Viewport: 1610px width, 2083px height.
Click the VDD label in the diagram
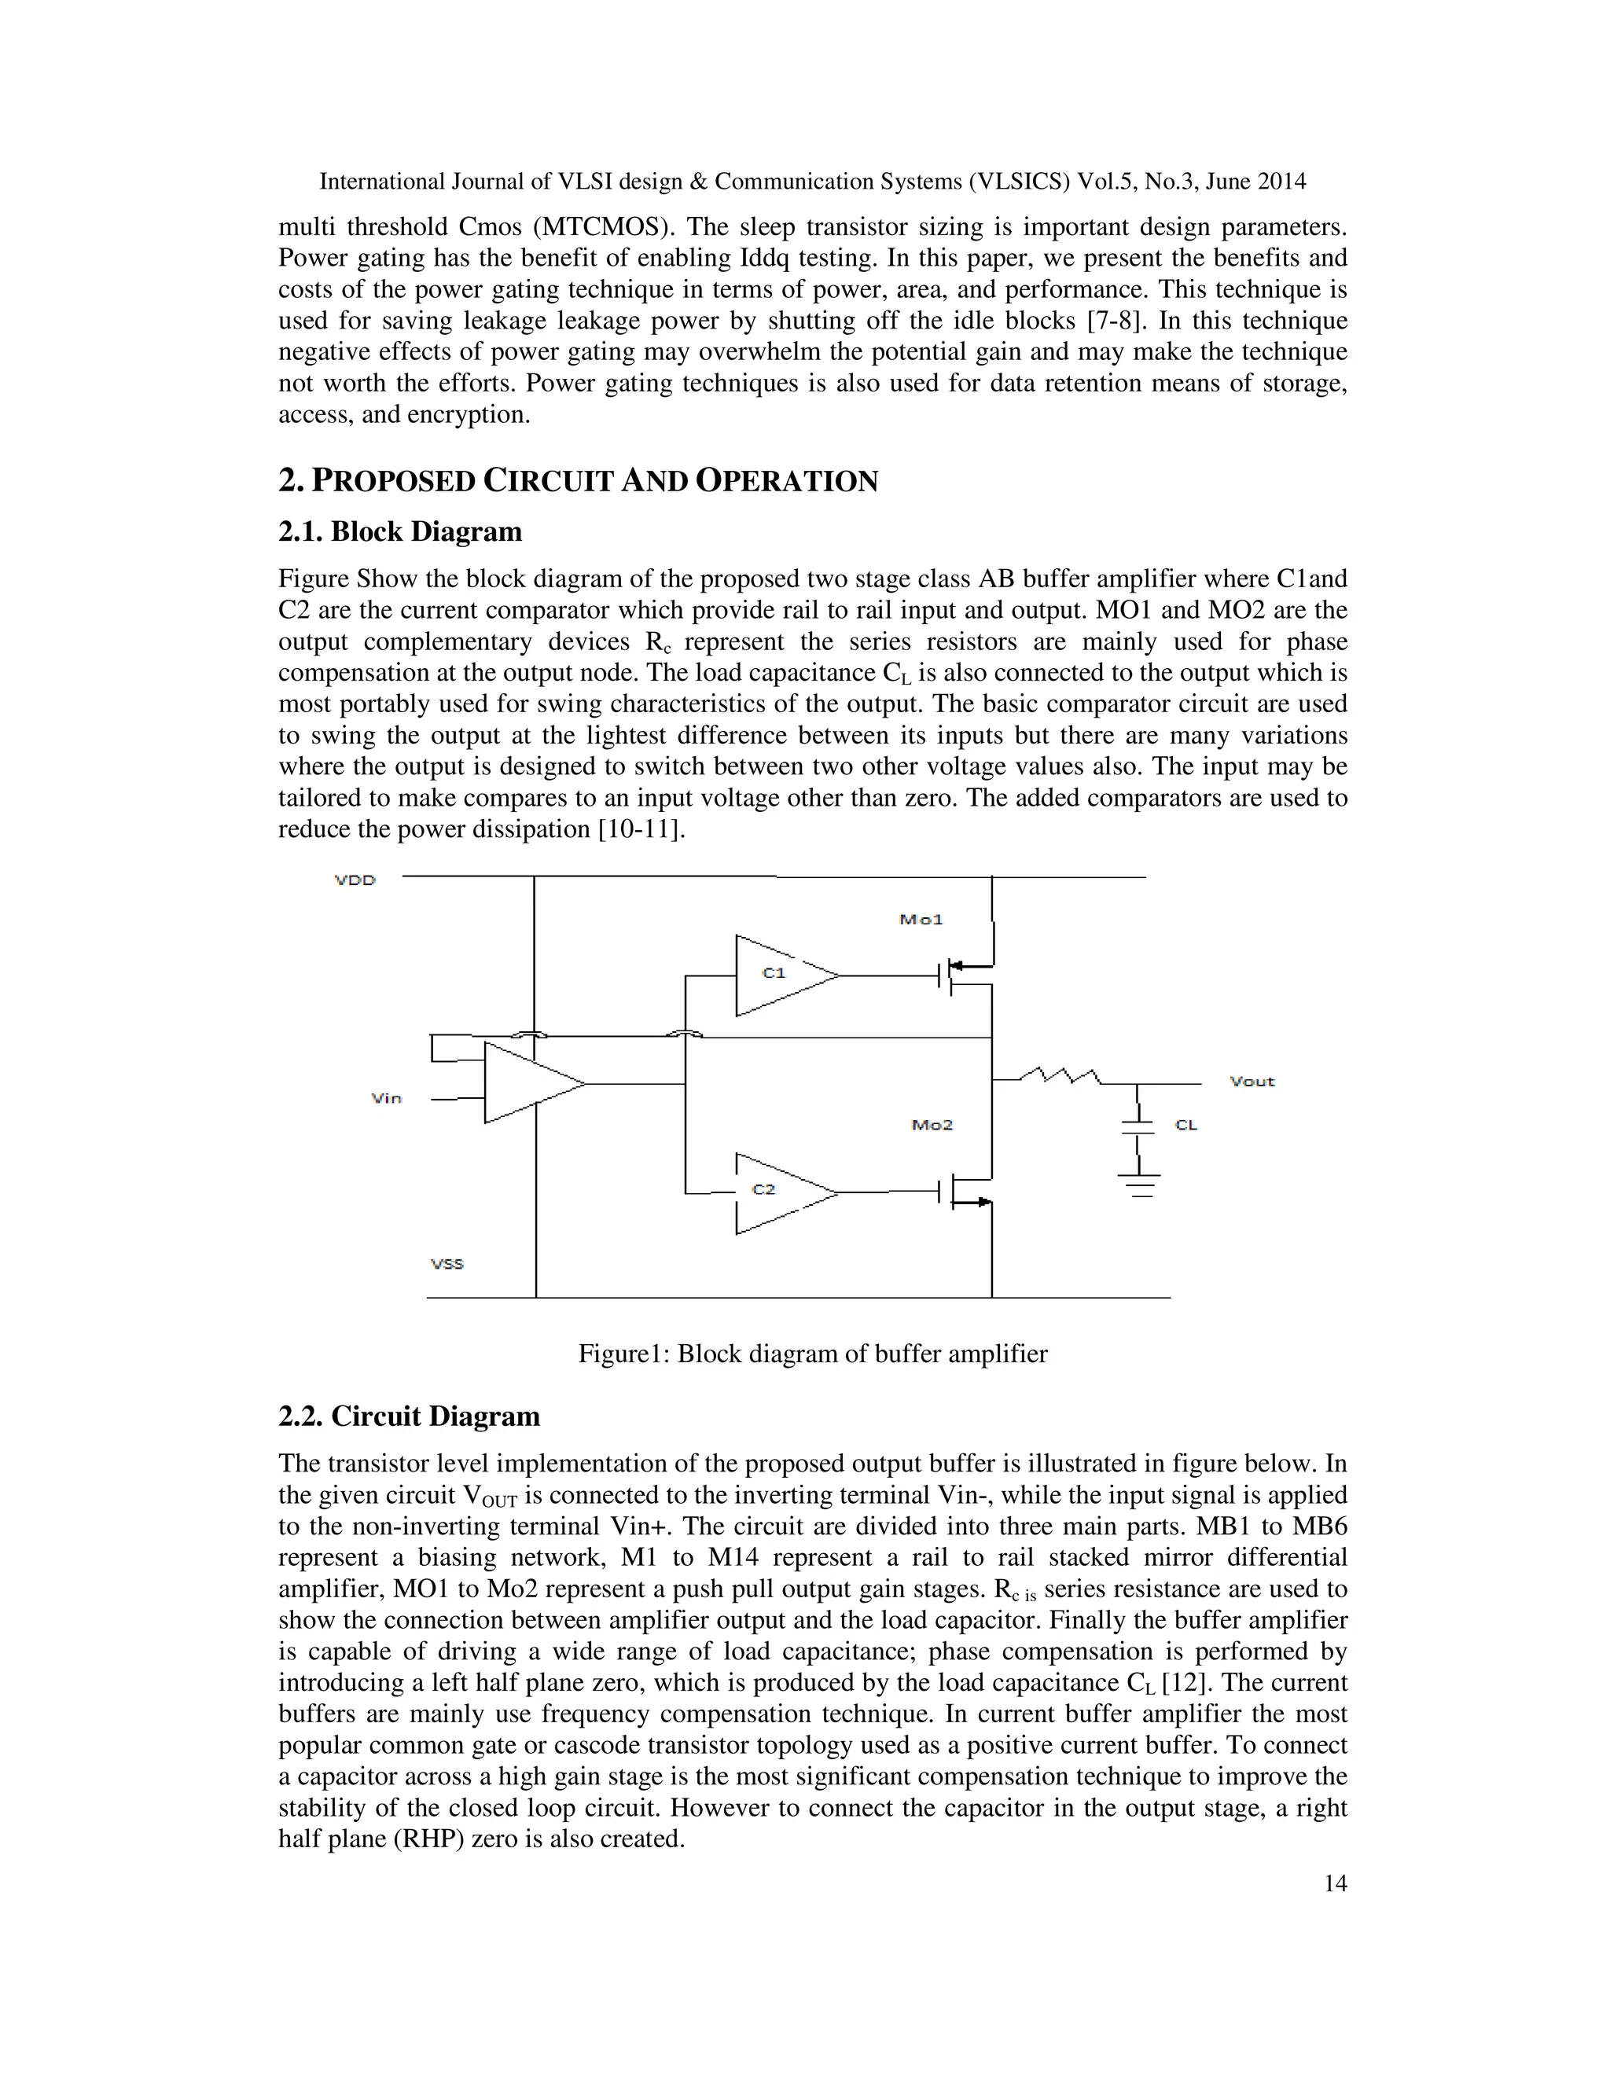355,880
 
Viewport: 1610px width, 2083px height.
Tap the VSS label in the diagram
447,1264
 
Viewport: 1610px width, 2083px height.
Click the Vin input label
386,1099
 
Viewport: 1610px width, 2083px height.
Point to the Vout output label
1252,1082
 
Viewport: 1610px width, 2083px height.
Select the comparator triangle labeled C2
780,1192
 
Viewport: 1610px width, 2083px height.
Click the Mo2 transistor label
932,1126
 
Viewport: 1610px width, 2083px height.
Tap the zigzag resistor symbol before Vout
1060,1077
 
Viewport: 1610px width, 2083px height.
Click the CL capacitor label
1185,1126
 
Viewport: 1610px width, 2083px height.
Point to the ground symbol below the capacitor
1138,1185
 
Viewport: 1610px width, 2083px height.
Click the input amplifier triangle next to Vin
529,1083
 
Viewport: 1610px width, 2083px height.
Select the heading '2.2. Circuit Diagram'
408,1416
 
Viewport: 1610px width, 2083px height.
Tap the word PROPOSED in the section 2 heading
393,481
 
